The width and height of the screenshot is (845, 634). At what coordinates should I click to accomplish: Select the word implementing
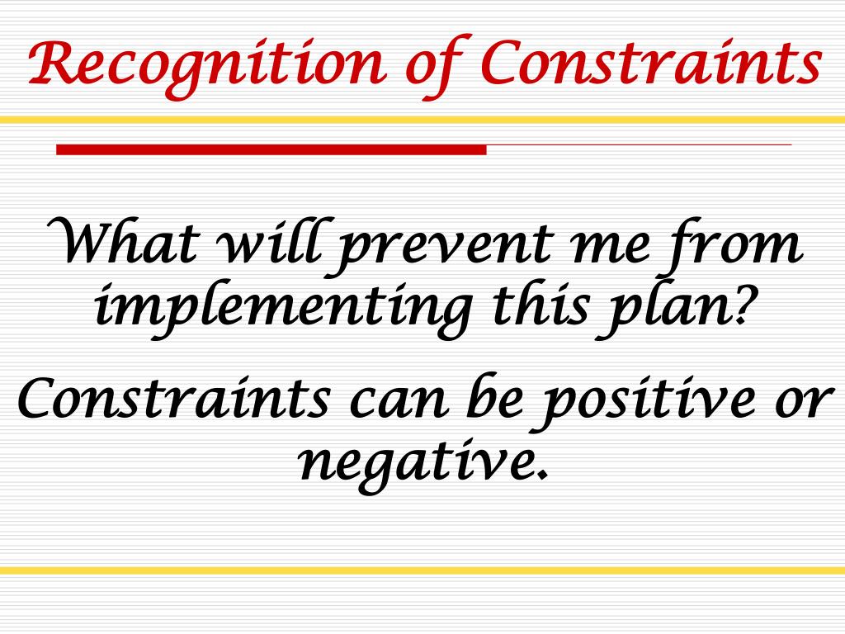click(x=284, y=310)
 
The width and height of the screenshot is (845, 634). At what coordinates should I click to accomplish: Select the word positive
click(x=647, y=402)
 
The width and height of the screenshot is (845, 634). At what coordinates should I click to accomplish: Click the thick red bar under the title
click(x=271, y=149)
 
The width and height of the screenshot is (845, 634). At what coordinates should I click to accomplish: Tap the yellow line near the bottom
click(x=422, y=570)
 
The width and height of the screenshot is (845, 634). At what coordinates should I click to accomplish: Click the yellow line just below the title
click(x=422, y=120)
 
